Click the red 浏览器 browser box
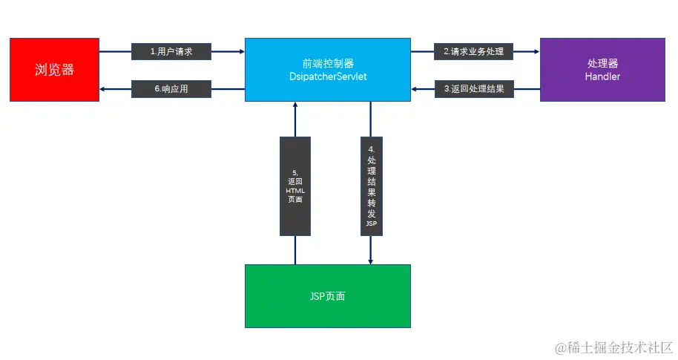54,70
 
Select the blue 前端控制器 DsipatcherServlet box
327,70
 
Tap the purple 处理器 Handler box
602,70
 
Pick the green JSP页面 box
327,296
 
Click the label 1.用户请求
171,52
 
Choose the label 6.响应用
171,89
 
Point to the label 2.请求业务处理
473,52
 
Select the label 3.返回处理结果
473,89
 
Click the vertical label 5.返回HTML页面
295,186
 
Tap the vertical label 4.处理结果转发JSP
371,186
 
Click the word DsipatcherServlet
327,76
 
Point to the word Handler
602,76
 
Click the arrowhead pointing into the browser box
103,89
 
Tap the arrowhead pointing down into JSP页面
371,261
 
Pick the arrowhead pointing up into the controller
295,106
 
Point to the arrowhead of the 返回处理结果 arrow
416,89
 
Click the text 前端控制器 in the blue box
327,64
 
